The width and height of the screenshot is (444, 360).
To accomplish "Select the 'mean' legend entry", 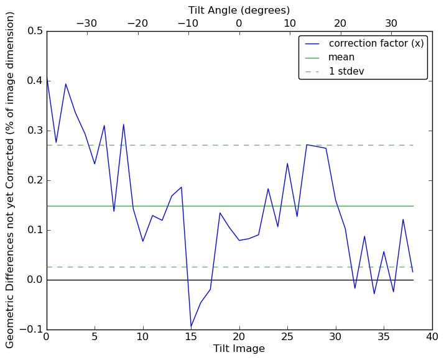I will pyautogui.click(x=341, y=57).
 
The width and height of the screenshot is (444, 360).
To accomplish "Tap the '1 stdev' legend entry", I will pyautogui.click(x=346, y=72).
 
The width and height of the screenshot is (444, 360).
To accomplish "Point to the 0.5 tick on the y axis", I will pyautogui.click(x=35, y=31).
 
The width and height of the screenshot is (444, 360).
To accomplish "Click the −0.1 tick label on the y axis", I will pyautogui.click(x=32, y=330).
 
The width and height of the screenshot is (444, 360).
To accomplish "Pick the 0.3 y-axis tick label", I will pyautogui.click(x=35, y=131).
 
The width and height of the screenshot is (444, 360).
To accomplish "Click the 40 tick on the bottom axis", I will pyautogui.click(x=432, y=338).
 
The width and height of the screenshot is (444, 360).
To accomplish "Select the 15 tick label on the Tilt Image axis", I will pyautogui.click(x=191, y=338).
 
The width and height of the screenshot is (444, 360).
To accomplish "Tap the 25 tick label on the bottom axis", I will pyautogui.click(x=287, y=338).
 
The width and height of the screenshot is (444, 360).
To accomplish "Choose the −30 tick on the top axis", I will pyautogui.click(x=86, y=23).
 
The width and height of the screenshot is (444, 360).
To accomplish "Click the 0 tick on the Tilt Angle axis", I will pyautogui.click(x=239, y=23).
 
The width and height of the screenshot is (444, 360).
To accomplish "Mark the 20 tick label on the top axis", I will pyautogui.click(x=340, y=23).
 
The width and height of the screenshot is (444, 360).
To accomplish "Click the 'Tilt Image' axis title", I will pyautogui.click(x=239, y=349).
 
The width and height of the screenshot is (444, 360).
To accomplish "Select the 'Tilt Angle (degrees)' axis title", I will pyautogui.click(x=239, y=10).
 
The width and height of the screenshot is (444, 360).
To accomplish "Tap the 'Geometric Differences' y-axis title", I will pyautogui.click(x=11, y=180).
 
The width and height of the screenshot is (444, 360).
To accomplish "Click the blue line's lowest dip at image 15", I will pyautogui.click(x=191, y=327).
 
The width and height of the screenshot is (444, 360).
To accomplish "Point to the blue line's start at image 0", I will pyautogui.click(x=47, y=76).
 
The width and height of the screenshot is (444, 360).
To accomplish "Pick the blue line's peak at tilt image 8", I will pyautogui.click(x=124, y=124).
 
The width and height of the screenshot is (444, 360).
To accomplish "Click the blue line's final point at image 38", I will pyautogui.click(x=413, y=272).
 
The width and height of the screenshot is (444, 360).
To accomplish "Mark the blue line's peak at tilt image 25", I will pyautogui.click(x=287, y=164).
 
